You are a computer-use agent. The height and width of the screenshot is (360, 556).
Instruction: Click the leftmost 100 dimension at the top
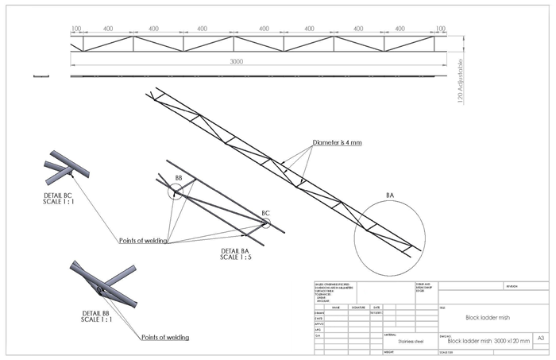click(x=76, y=29)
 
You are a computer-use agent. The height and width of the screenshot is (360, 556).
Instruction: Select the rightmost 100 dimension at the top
click(x=440, y=29)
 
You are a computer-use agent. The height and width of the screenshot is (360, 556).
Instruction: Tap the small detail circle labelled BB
click(x=175, y=192)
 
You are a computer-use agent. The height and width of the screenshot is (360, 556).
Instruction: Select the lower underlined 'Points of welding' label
click(x=164, y=338)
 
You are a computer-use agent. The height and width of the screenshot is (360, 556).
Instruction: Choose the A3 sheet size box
click(x=541, y=338)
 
